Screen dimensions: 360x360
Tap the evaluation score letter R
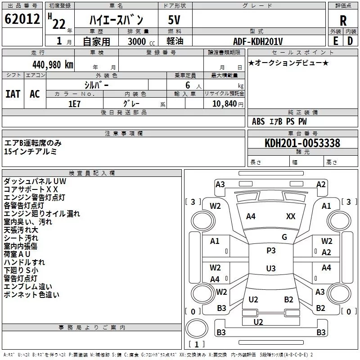click(343, 21)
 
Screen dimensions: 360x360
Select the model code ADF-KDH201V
click(258, 41)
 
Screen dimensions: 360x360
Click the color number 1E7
click(74, 103)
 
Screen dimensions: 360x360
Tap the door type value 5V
click(175, 20)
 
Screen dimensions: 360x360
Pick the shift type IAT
click(13, 94)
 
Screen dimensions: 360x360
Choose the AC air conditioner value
click(35, 94)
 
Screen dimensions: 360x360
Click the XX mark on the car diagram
click(291, 216)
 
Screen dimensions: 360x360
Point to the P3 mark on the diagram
click(271, 251)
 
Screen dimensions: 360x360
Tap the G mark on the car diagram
click(284, 237)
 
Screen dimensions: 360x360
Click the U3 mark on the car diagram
click(271, 269)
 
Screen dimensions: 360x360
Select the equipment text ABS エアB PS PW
click(279, 121)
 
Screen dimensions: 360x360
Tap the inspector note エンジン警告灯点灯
click(35, 197)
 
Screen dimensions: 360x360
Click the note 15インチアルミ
click(30, 152)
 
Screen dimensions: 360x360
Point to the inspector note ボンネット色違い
click(31, 295)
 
